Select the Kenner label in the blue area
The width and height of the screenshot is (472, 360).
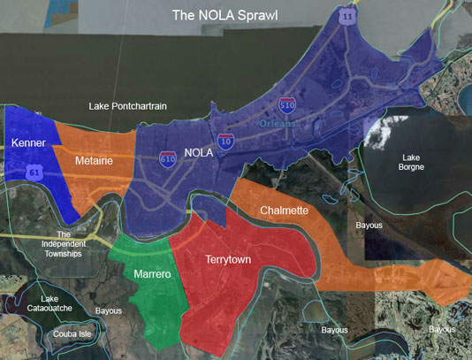coord(29,143)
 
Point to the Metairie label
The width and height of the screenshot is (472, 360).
coord(94,162)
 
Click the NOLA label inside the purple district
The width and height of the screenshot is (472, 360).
coord(199,152)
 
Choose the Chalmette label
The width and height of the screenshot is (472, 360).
coord(285,211)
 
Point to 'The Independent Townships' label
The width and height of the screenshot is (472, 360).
coord(63,244)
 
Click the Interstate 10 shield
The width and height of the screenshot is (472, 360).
coord(227,141)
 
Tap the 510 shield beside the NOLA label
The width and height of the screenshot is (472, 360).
coord(168,159)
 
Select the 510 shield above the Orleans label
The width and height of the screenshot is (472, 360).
coord(286,105)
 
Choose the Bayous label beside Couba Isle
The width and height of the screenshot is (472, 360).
coord(108,311)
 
